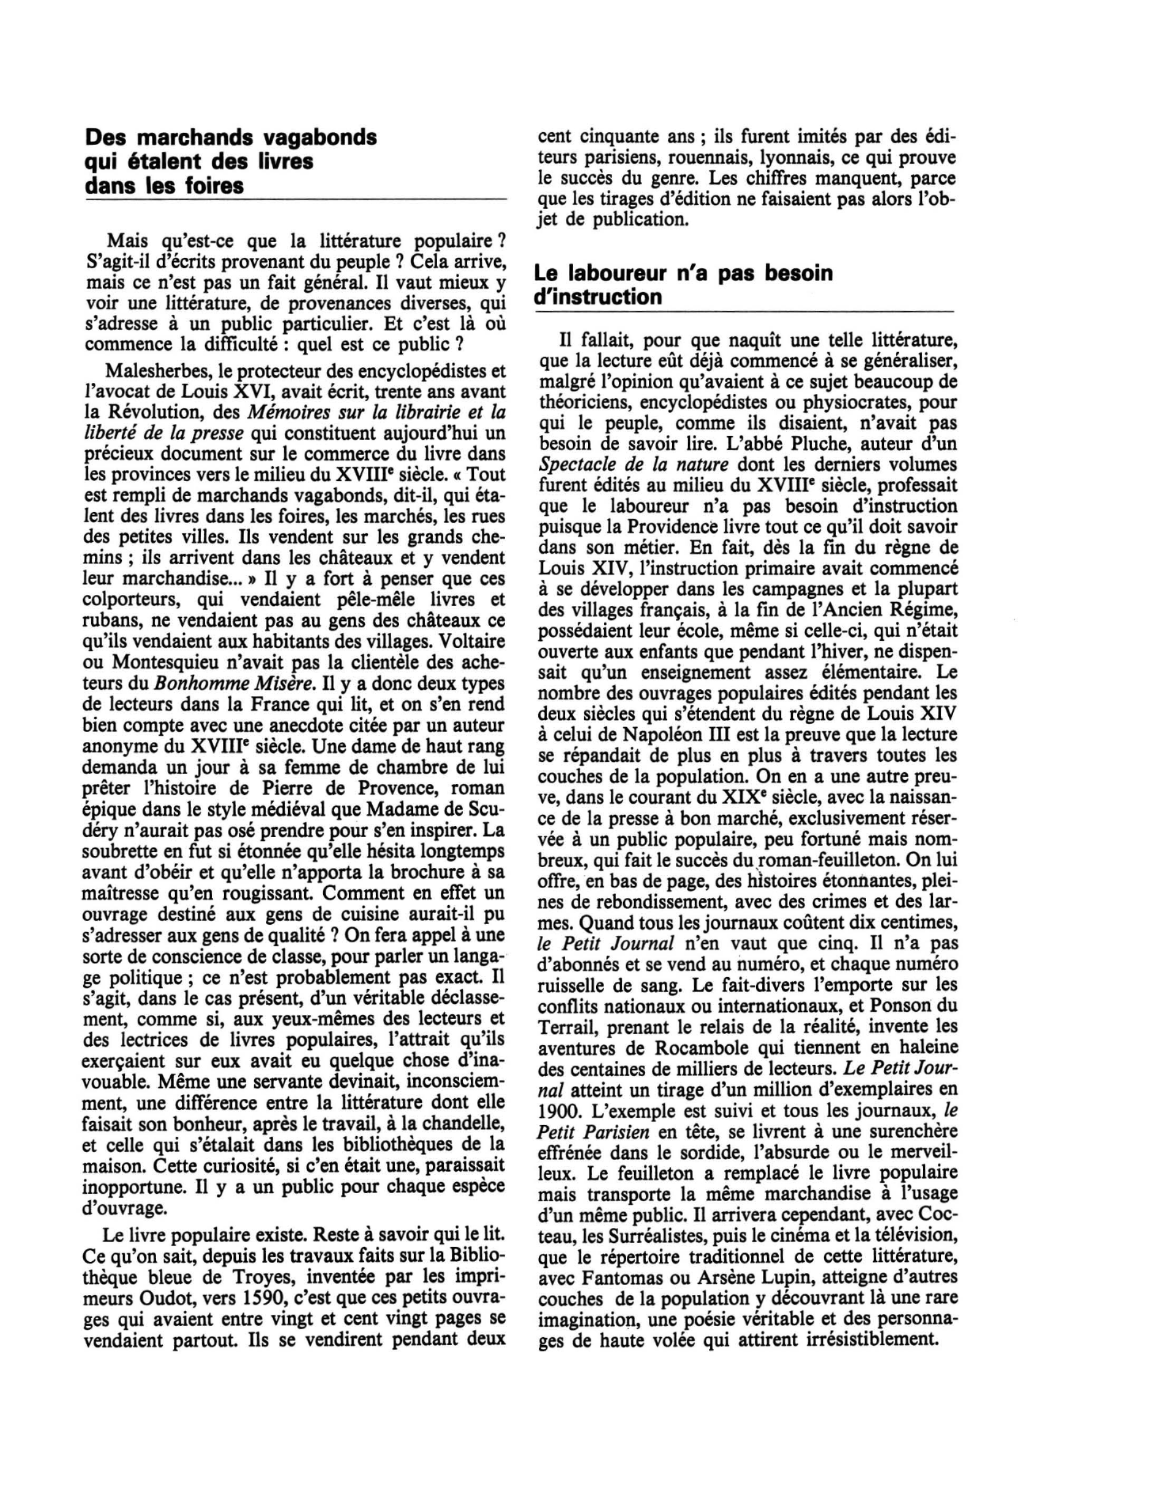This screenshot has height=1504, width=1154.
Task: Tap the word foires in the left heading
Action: pos(212,186)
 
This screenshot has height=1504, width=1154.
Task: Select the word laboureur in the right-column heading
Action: pos(624,273)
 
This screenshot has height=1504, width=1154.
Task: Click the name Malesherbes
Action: pos(151,371)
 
